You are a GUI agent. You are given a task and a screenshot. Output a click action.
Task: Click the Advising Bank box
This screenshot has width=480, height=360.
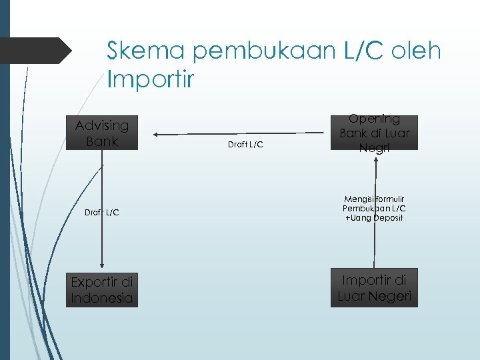click(102, 133)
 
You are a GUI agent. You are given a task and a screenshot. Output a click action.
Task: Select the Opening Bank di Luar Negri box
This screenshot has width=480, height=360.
click(375, 133)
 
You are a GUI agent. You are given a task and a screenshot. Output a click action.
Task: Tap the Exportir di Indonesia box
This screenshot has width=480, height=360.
click(102, 290)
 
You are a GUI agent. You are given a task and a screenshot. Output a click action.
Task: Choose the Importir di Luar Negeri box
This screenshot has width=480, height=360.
click(375, 288)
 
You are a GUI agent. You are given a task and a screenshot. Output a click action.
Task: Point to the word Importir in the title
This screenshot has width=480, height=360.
click(151, 80)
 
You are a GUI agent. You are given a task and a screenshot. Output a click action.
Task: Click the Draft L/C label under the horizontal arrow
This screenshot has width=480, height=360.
click(246, 145)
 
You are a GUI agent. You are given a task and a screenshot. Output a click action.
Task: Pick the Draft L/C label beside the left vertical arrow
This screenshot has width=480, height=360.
click(102, 212)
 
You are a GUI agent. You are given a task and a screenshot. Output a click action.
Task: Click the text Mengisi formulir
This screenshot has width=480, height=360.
click(375, 199)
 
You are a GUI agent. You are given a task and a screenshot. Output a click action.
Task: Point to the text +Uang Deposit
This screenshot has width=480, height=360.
click(375, 218)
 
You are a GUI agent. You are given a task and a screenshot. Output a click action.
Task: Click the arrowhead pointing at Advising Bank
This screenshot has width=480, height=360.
click(157, 133)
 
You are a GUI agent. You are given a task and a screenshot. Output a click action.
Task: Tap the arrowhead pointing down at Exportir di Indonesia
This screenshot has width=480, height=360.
click(102, 265)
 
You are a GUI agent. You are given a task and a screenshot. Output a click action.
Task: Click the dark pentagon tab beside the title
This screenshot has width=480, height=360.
click(37, 51)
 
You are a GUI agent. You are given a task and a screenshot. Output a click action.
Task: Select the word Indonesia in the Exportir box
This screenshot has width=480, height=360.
click(102, 298)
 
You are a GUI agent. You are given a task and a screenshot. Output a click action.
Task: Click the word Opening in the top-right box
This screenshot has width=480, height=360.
click(375, 119)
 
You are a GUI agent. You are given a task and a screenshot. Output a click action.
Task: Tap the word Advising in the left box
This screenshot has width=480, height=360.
click(102, 125)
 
